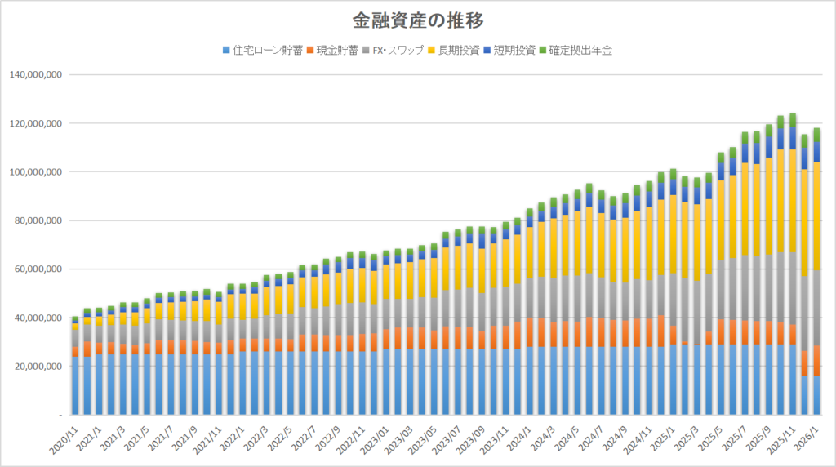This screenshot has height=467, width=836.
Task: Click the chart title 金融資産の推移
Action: point(418,19)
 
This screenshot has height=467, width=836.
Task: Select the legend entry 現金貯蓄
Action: point(335,51)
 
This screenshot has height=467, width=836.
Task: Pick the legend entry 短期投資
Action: point(514,51)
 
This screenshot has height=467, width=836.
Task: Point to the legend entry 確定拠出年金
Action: point(580,51)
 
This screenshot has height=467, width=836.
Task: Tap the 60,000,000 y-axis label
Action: point(37,269)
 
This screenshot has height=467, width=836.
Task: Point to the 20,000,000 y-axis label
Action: point(37,367)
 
